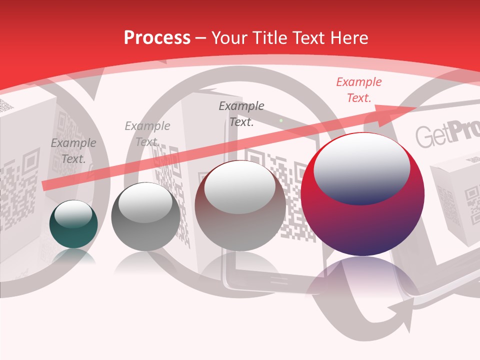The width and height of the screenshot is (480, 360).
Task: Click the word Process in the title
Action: pyautogui.click(x=157, y=38)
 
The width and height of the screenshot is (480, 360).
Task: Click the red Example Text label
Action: pyautogui.click(x=358, y=90)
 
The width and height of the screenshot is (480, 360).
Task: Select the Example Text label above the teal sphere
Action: pyautogui.click(x=73, y=151)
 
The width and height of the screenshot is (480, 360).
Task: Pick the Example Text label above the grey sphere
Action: pyautogui.click(x=147, y=134)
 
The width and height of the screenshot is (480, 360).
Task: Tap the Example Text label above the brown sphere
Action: pyautogui.click(x=241, y=114)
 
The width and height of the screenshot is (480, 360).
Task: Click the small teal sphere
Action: pyautogui.click(x=73, y=224)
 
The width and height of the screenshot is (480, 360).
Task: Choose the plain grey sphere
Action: pyautogui.click(x=145, y=216)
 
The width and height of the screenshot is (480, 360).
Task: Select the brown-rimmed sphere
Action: pyautogui.click(x=240, y=205)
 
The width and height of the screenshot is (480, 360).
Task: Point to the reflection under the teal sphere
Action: pyautogui.click(x=73, y=257)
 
